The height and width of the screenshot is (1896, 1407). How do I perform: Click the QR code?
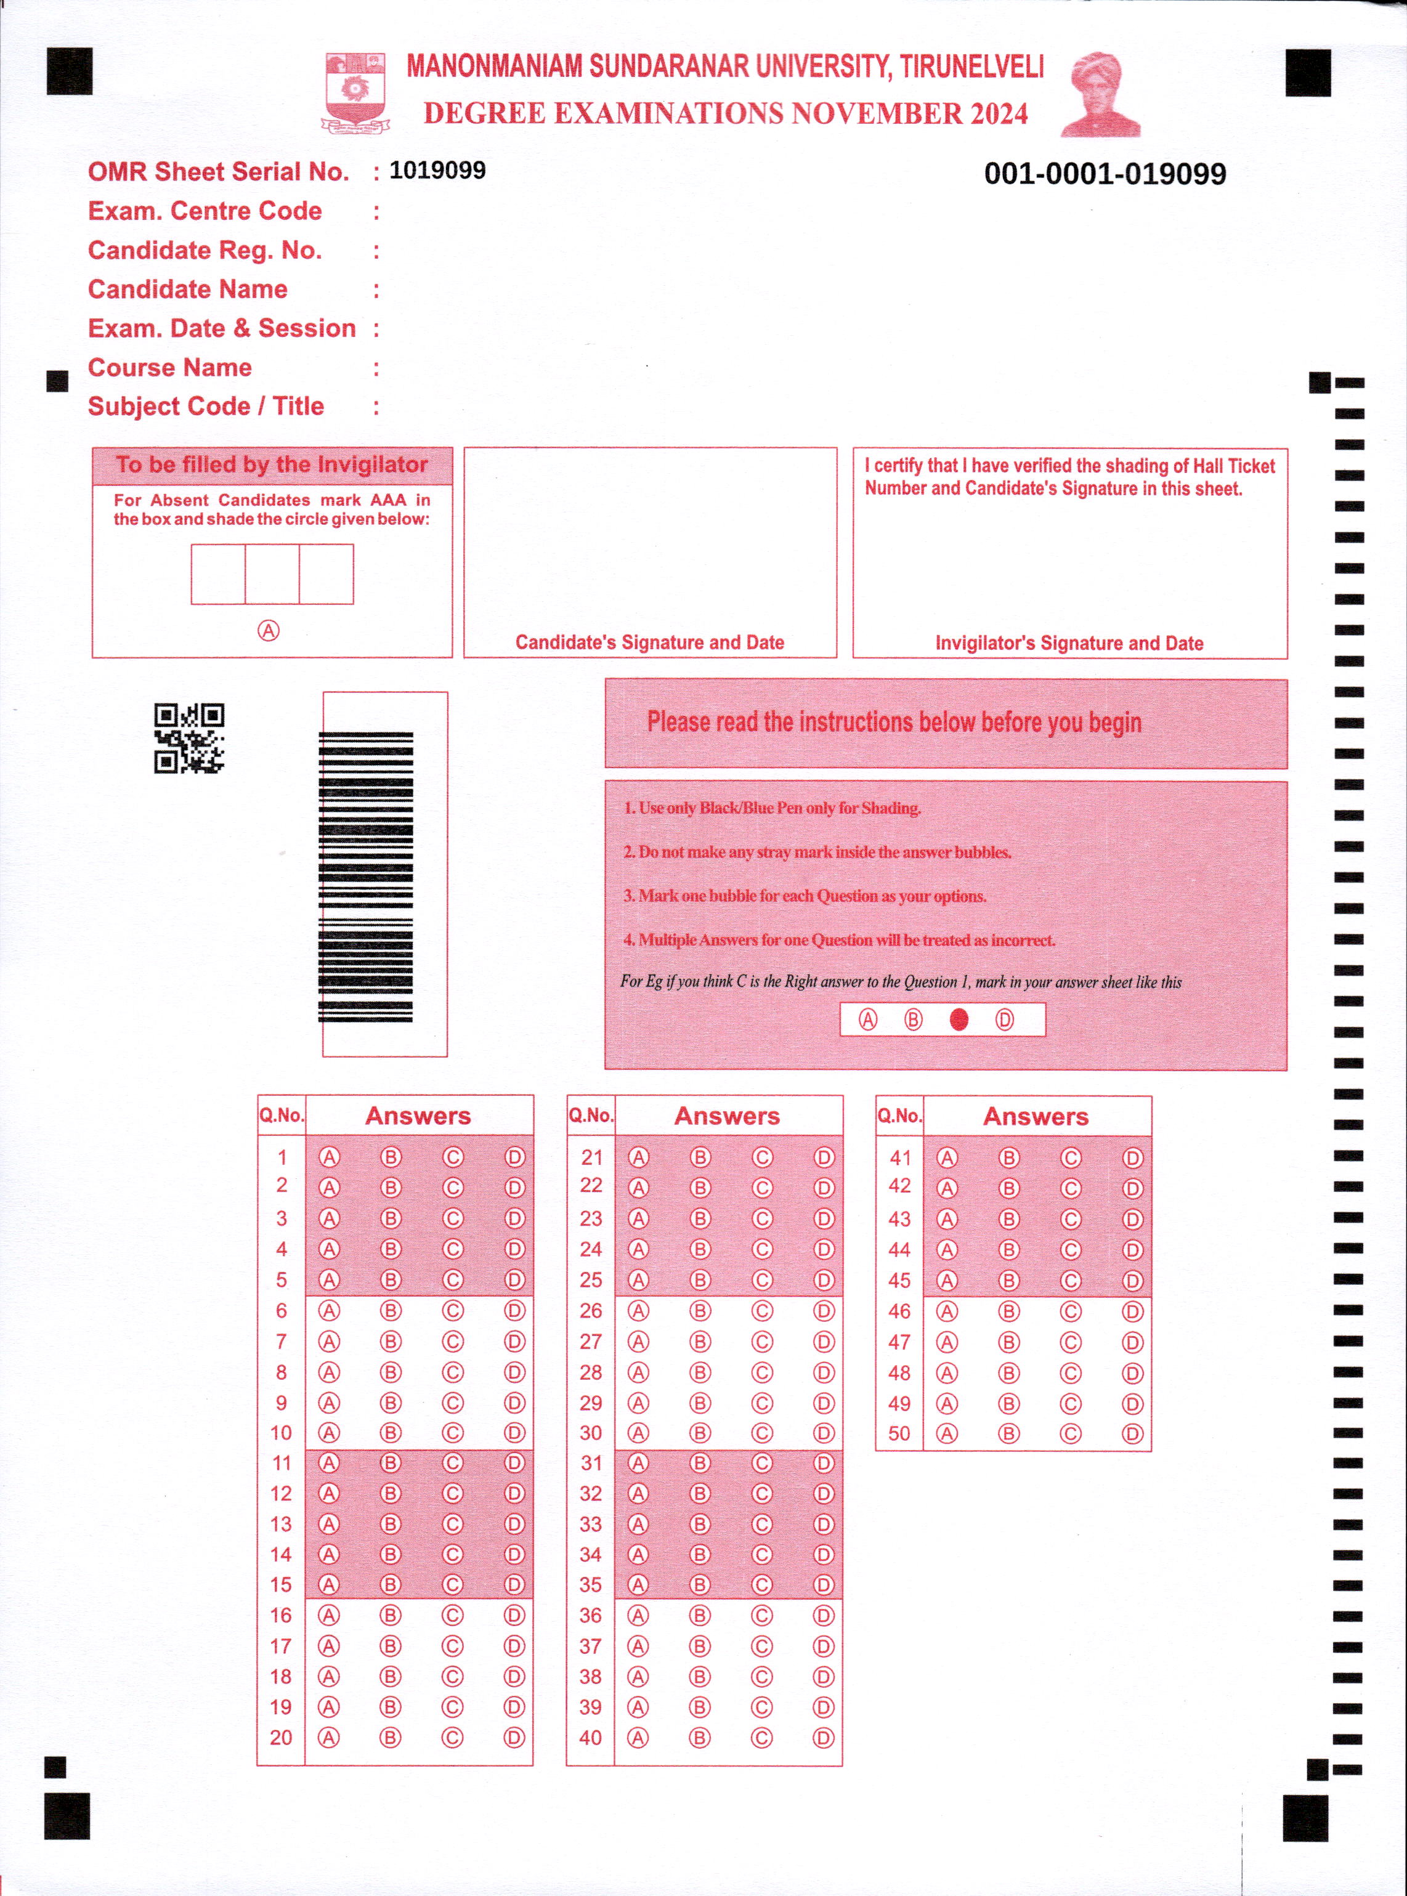click(189, 737)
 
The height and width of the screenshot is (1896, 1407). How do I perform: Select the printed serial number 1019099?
click(438, 171)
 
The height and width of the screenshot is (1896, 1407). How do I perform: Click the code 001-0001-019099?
click(1105, 174)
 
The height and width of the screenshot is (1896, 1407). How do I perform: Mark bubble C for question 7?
click(452, 1342)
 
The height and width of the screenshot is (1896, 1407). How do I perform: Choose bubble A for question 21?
click(638, 1157)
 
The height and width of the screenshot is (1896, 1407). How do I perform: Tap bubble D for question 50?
click(1132, 1433)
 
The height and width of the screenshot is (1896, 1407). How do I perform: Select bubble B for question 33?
click(700, 1524)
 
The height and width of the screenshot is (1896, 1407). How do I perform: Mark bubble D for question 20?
click(514, 1738)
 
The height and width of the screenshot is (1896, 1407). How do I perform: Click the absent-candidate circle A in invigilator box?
click(269, 630)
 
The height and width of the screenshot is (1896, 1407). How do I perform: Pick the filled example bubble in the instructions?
click(959, 1019)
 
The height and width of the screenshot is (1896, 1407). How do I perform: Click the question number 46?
click(899, 1311)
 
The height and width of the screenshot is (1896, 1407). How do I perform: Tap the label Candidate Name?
click(187, 290)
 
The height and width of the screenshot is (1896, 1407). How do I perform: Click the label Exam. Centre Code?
click(205, 211)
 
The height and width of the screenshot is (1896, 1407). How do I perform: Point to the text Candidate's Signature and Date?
click(649, 642)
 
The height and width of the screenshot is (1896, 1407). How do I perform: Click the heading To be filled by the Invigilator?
click(272, 465)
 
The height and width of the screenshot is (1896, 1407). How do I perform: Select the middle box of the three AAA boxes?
click(272, 574)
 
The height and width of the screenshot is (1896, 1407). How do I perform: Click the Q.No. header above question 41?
click(899, 1115)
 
